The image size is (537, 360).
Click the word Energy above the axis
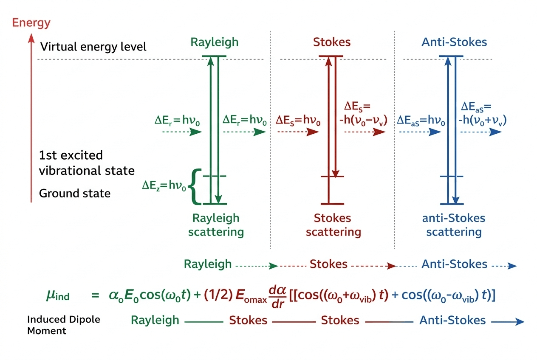(x=31, y=23)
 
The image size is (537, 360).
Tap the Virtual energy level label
(x=93, y=47)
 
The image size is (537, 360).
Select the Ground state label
(x=74, y=193)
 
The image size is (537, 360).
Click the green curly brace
(x=195, y=187)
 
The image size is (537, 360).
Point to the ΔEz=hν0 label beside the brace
(x=164, y=186)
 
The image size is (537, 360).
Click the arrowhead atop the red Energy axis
(x=31, y=38)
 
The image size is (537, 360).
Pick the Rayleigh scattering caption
(x=216, y=225)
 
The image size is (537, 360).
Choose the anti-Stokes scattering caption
(x=454, y=225)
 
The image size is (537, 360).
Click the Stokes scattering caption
(x=333, y=225)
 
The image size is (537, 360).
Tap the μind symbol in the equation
(x=58, y=295)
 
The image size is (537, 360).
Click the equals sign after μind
(x=95, y=295)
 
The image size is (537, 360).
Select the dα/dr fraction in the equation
(x=277, y=297)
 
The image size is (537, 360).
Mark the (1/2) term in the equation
(x=218, y=295)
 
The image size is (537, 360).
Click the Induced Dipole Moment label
(x=64, y=325)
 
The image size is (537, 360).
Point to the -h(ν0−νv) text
(x=363, y=120)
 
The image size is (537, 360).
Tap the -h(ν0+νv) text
(x=482, y=120)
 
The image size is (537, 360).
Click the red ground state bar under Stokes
(x=332, y=204)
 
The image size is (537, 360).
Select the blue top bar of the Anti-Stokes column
(x=451, y=56)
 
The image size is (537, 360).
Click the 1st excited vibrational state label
(x=87, y=163)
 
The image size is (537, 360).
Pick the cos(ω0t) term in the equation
(x=165, y=295)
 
